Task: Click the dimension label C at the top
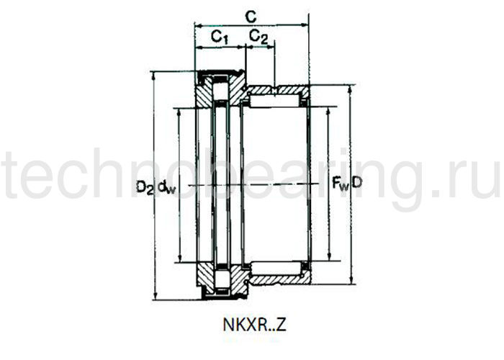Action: click(249, 14)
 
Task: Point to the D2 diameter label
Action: click(145, 186)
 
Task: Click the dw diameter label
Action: click(166, 187)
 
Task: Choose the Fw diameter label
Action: click(339, 184)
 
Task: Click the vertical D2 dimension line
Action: click(155, 130)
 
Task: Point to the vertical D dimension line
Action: click(351, 130)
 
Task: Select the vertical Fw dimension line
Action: click(329, 144)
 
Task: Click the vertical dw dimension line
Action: click(176, 144)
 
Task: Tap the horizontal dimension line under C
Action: click(252, 25)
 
